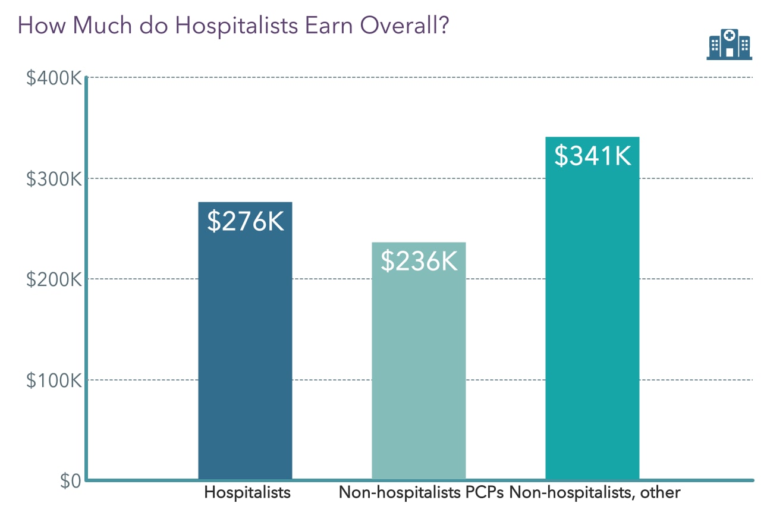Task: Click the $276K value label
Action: [246, 221]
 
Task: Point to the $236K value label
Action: [419, 261]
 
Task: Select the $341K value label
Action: [592, 156]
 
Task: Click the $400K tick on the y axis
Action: [54, 78]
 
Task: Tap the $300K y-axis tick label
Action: [54, 179]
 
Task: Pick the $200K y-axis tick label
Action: [54, 279]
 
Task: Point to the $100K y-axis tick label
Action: [54, 381]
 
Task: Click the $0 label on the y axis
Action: [70, 481]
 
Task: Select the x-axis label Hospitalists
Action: [247, 493]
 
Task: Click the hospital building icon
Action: [729, 45]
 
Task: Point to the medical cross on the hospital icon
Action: [729, 36]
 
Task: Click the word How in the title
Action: [37, 27]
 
